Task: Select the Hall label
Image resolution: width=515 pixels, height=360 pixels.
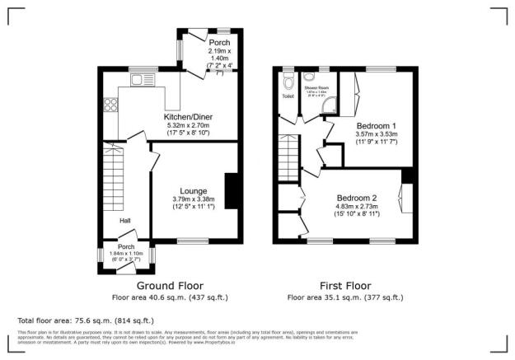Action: (x=125, y=221)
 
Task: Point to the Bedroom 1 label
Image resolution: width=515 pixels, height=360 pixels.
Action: (x=377, y=124)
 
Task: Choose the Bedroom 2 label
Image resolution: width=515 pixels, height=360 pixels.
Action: (x=357, y=198)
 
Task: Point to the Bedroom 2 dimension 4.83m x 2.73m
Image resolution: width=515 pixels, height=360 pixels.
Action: (x=357, y=208)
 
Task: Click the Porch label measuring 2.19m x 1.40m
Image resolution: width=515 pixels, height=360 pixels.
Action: (x=218, y=43)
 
